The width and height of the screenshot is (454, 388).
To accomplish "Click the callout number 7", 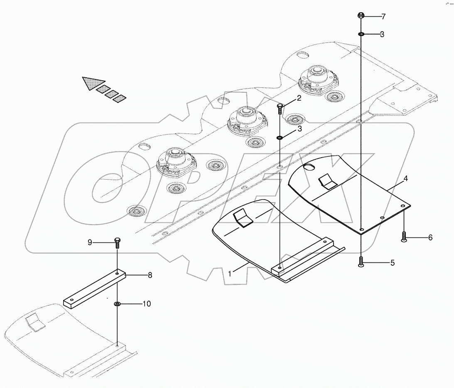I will (x=383, y=17).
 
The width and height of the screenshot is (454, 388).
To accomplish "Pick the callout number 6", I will (x=430, y=237).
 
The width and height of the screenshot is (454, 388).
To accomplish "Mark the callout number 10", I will (x=147, y=304).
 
